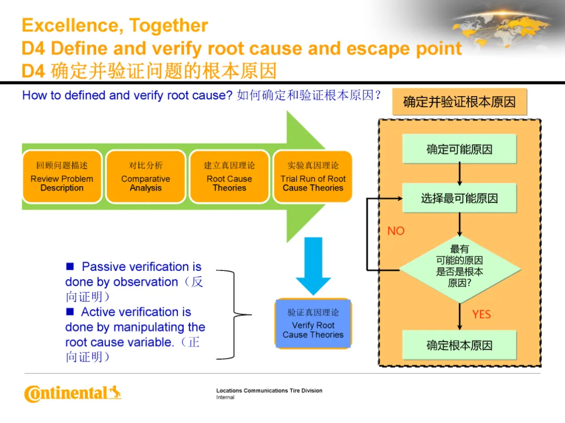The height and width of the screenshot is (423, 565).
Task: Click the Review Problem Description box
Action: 62,177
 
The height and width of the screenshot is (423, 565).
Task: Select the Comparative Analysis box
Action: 145,177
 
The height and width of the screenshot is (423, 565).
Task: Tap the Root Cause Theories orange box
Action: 229,177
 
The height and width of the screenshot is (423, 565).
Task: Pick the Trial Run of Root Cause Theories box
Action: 313,177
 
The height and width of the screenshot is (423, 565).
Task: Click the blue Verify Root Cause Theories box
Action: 313,323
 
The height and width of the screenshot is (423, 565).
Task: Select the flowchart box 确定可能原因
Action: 459,149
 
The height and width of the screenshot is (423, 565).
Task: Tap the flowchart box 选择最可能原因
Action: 459,198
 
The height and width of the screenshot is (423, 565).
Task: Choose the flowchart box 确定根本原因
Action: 459,345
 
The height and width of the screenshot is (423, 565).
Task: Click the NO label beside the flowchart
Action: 396,231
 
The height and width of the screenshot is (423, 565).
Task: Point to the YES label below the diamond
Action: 481,314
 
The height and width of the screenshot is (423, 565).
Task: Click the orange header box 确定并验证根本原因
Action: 459,102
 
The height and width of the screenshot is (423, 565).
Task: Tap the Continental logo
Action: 73,394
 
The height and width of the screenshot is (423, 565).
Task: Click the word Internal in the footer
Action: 225,397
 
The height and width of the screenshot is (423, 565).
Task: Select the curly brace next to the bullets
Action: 233,315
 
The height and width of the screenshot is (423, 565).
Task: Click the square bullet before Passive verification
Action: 70,267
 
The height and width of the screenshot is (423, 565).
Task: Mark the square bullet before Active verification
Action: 70,312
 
